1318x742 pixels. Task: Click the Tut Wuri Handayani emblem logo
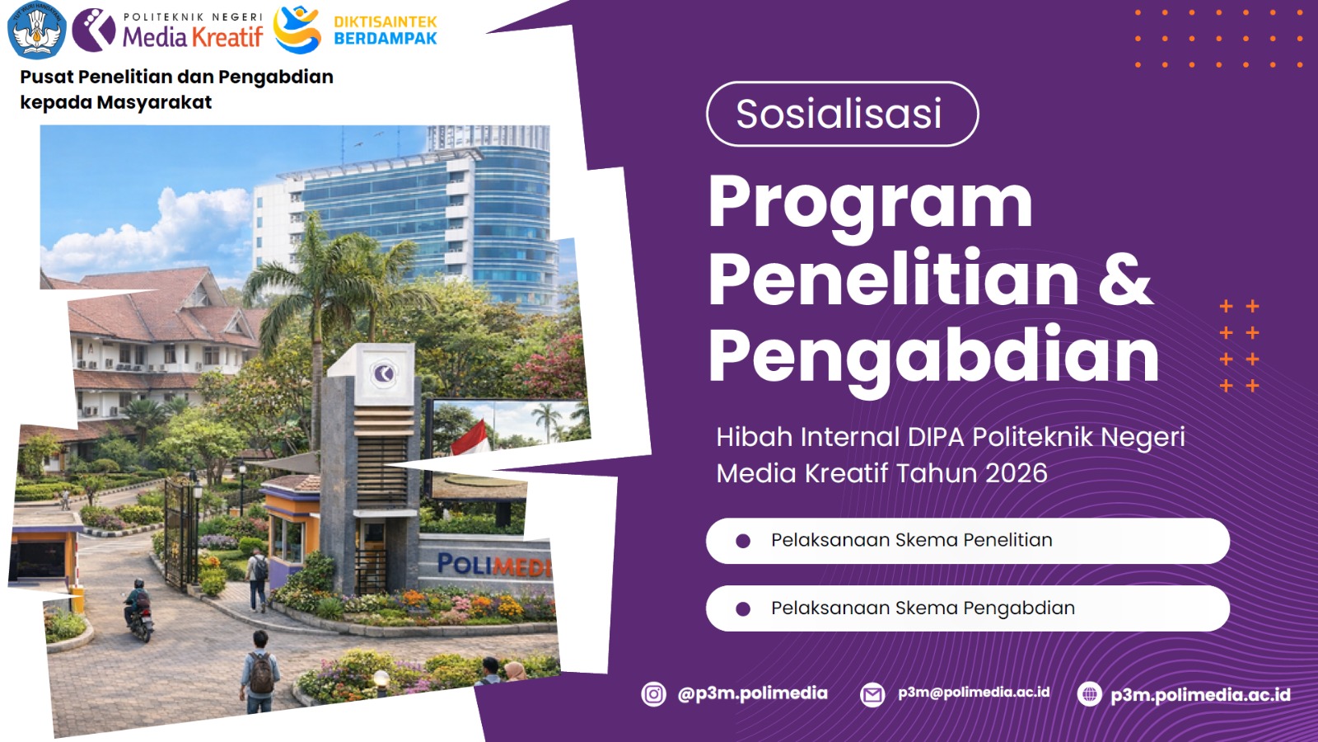click(x=37, y=30)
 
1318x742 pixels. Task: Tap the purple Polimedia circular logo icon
click(x=94, y=30)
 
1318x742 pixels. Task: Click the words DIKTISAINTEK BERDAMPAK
click(x=386, y=30)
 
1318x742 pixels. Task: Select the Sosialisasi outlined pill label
click(x=842, y=114)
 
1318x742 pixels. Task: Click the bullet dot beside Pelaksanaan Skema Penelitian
click(x=743, y=541)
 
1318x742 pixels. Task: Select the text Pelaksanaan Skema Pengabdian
click(x=923, y=608)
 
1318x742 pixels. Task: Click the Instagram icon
click(x=653, y=694)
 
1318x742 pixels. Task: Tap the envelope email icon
click(x=872, y=695)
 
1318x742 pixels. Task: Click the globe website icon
click(x=1089, y=693)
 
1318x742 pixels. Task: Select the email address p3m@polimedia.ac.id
click(x=974, y=693)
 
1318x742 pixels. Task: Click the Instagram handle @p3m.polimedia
click(x=753, y=693)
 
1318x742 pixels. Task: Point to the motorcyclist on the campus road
click(x=139, y=609)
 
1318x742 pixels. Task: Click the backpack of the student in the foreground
click(x=261, y=672)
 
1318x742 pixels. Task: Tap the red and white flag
click(x=473, y=438)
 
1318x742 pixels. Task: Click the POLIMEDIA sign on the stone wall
click(x=494, y=566)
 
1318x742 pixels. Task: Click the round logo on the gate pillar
click(x=383, y=373)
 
